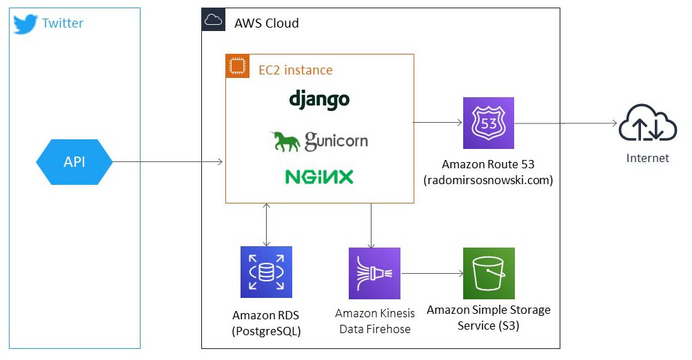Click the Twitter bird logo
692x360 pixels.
[x=25, y=23]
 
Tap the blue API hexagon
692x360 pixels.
[x=74, y=162]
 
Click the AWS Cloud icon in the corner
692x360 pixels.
[x=213, y=21]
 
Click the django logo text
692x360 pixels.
[x=319, y=99]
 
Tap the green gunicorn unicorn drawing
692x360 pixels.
[x=285, y=141]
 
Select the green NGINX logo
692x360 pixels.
[x=319, y=177]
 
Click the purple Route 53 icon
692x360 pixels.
[x=489, y=123]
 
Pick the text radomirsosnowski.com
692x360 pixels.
[x=488, y=180]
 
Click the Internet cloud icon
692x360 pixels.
[x=647, y=124]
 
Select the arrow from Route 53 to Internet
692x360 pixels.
[x=565, y=123]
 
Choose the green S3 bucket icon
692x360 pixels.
[x=489, y=274]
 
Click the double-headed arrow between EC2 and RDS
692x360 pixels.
[x=266, y=225]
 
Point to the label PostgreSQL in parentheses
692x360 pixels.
[x=267, y=331]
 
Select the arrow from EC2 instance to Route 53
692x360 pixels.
[x=438, y=123]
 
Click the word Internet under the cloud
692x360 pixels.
[x=647, y=158]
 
